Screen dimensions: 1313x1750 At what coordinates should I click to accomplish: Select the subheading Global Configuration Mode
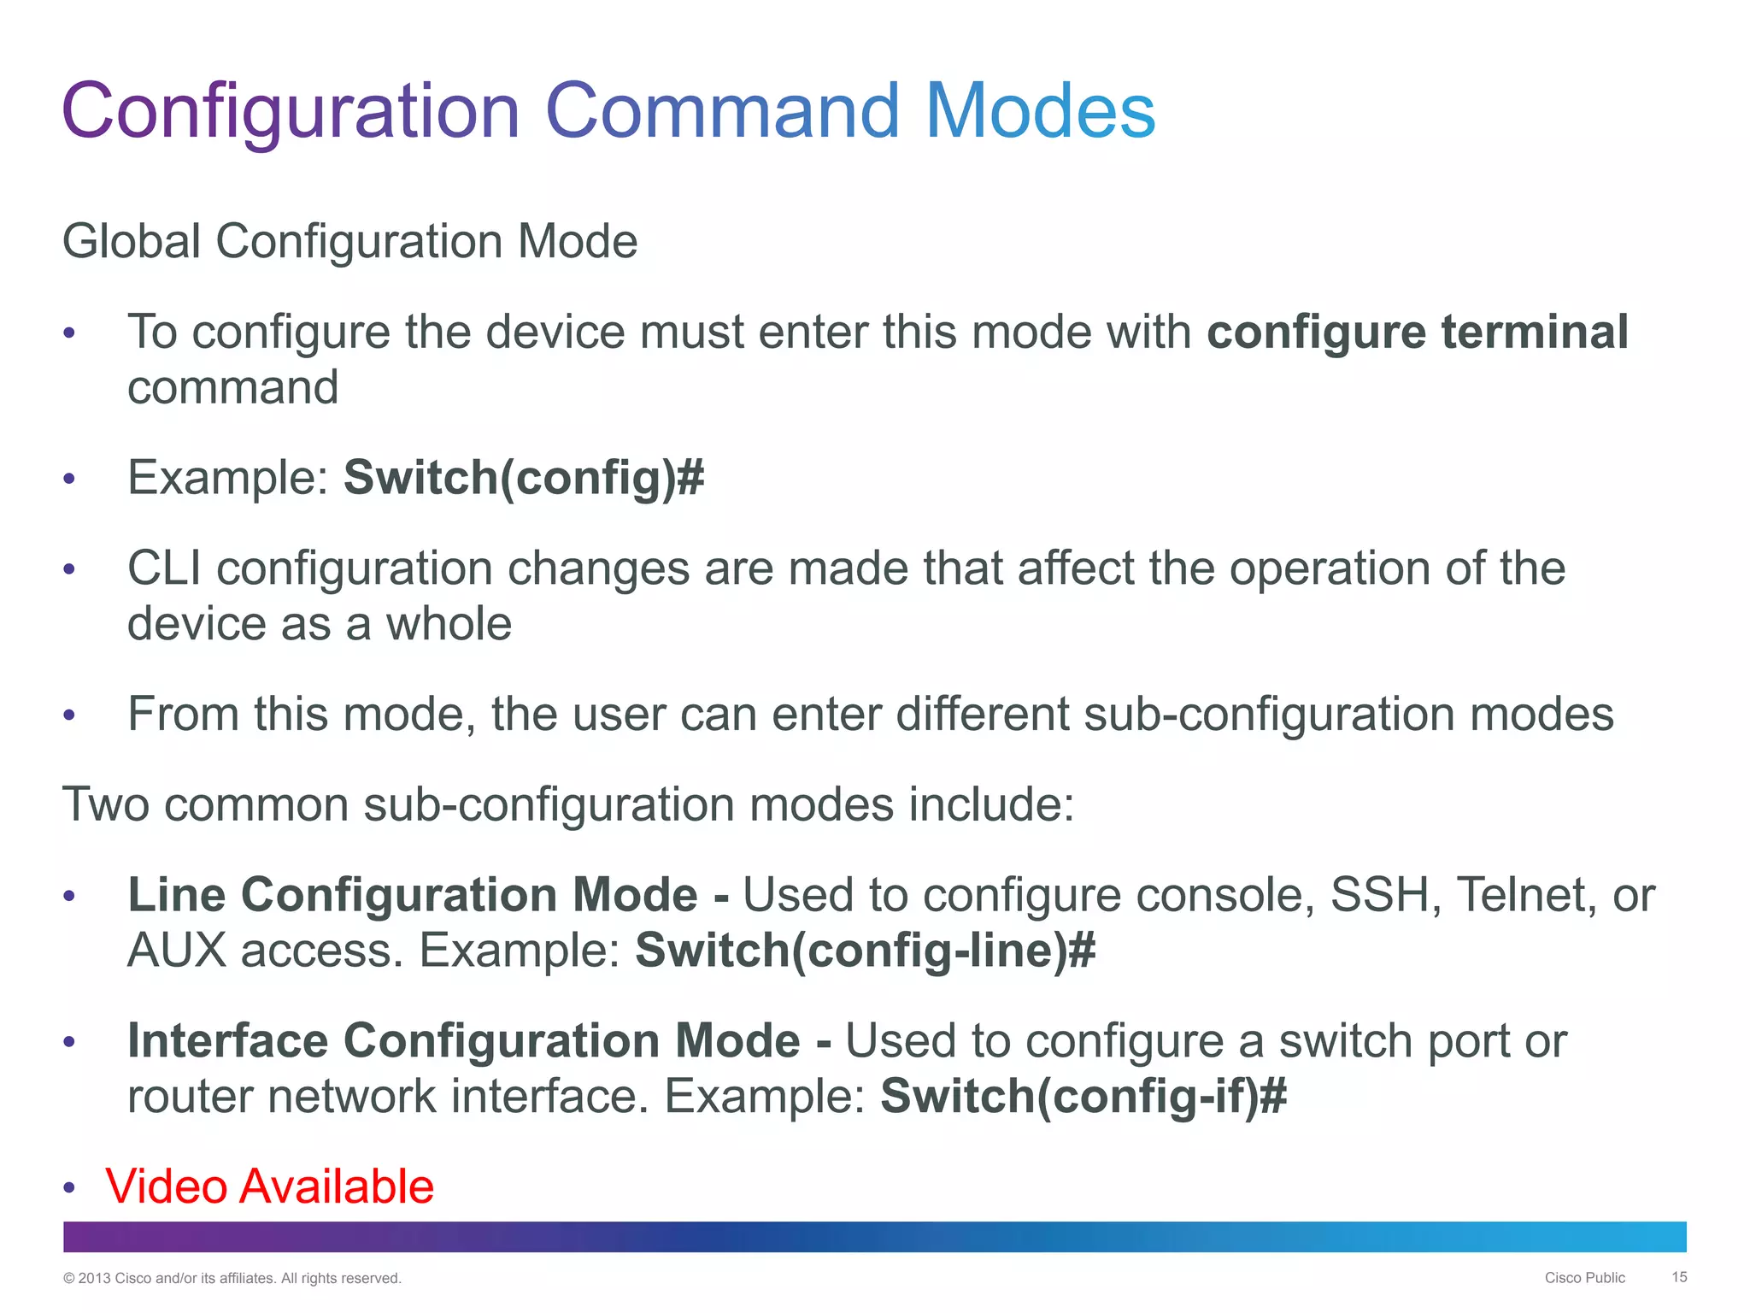tap(350, 241)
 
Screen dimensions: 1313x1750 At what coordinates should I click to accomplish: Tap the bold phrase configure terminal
tap(1417, 332)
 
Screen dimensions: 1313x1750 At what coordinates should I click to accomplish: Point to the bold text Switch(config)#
tap(524, 477)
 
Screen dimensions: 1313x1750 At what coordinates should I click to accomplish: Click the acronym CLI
tap(165, 568)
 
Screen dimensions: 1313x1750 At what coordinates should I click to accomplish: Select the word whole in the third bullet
tap(449, 624)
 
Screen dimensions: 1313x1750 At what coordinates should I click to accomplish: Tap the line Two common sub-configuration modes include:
tap(568, 804)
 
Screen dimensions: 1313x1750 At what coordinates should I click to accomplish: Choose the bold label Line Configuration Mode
tap(413, 895)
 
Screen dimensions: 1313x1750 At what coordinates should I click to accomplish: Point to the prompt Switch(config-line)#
tap(865, 951)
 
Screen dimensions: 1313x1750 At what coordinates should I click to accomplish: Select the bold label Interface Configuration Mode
tap(464, 1041)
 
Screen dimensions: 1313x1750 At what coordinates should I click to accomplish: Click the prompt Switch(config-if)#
tap(1083, 1097)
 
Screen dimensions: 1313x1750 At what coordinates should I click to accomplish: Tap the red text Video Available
tap(269, 1186)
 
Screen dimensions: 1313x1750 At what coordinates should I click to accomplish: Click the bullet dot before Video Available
tap(70, 1188)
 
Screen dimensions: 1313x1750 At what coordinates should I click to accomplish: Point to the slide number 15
tap(1679, 1277)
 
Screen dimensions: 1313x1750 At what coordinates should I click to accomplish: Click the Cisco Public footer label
tap(1584, 1278)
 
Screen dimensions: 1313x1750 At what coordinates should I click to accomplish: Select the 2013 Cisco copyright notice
tap(232, 1279)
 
